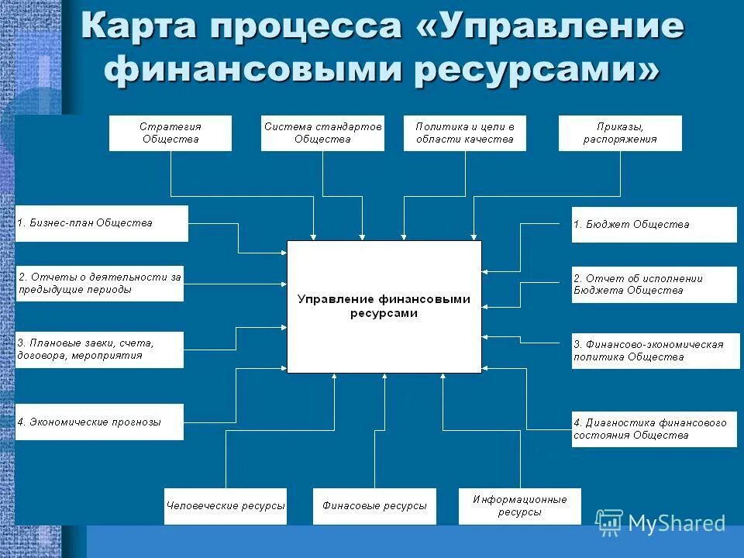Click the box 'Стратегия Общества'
click(170, 133)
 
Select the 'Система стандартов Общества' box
click(322, 133)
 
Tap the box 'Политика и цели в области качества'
click(465, 133)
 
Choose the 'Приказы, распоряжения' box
click(620, 133)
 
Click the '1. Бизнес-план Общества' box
click(102, 223)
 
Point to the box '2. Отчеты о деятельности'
click(100, 283)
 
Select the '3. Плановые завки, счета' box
click(100, 350)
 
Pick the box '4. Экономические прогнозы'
click(100, 422)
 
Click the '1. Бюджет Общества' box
click(654, 225)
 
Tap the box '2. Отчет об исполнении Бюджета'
click(654, 284)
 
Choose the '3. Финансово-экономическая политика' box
click(656, 350)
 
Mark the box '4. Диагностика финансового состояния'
click(654, 429)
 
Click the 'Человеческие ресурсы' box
click(226, 506)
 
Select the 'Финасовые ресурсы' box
click(374, 506)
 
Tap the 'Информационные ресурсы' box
click(520, 506)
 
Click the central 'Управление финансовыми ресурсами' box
click(384, 307)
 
